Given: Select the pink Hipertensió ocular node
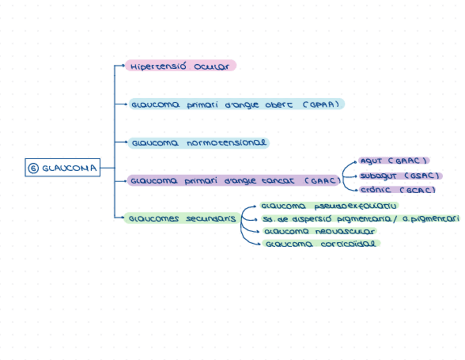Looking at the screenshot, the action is pyautogui.click(x=180, y=66).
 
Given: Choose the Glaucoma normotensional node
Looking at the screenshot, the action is pyautogui.click(x=199, y=143).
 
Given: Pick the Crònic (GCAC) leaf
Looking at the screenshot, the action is pyautogui.click(x=397, y=190).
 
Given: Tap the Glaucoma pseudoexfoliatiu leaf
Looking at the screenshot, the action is pyautogui.click(x=328, y=206).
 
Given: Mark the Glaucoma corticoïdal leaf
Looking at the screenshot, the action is pyautogui.click(x=321, y=244).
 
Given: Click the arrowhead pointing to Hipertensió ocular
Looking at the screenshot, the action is pyautogui.click(x=123, y=66).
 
